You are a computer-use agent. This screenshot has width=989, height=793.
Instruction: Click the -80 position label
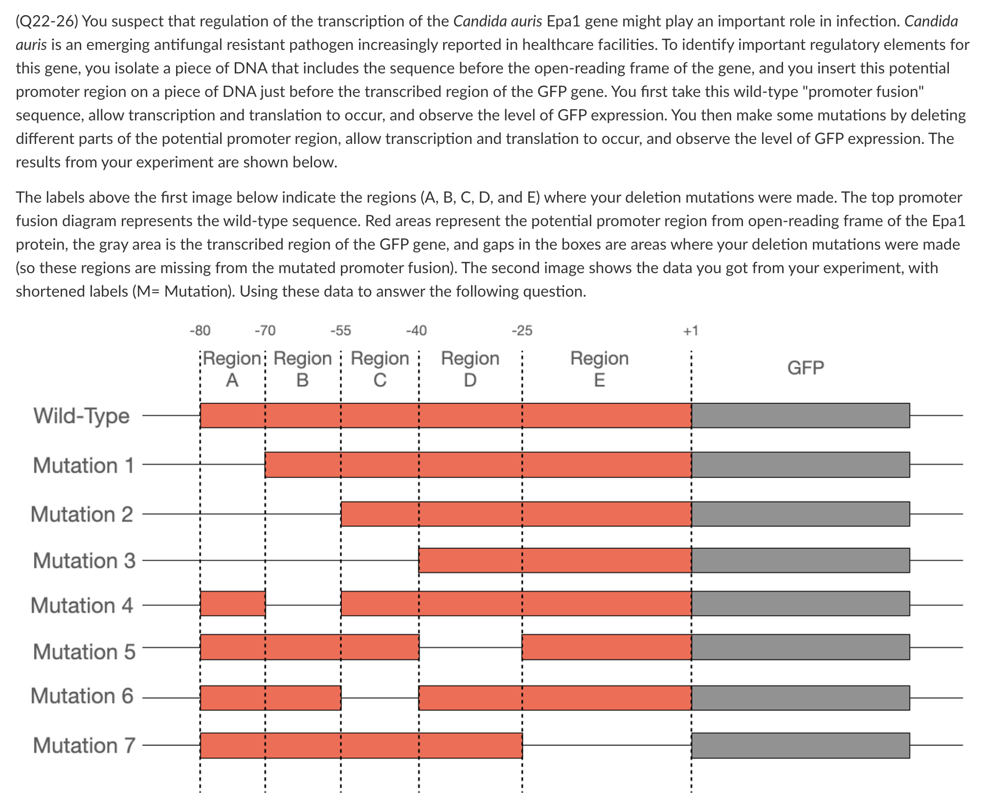pos(200,331)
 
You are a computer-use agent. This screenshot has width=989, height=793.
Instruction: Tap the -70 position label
pos(265,331)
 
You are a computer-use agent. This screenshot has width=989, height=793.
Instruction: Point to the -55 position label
pos(340,331)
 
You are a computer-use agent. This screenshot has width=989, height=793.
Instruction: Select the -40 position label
pos(416,331)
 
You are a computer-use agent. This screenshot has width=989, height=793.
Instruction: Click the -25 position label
pos(522,331)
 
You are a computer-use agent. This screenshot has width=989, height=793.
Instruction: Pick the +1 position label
pos(691,331)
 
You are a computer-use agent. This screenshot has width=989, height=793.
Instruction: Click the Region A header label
pos(232,369)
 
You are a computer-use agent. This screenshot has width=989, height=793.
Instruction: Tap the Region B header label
pos(303,369)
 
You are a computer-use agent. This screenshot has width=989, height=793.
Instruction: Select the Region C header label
pos(380,369)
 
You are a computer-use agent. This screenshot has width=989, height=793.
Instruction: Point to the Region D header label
pos(470,369)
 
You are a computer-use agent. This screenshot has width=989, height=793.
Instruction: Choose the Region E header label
pos(599,369)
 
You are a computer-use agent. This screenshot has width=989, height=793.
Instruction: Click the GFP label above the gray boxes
pos(806,368)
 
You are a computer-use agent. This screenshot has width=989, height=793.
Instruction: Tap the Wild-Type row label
pos(82,416)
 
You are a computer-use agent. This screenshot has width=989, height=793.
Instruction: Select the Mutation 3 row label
pos(84,560)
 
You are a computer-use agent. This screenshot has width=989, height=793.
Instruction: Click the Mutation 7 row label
pos(84,746)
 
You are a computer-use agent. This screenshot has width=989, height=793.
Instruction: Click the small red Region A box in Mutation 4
pos(233,604)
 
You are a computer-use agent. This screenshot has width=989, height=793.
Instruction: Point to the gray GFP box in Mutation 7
pos(800,746)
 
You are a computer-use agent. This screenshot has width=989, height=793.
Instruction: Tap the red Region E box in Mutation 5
pos(607,647)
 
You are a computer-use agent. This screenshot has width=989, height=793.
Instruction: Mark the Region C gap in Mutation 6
pos(380,698)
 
